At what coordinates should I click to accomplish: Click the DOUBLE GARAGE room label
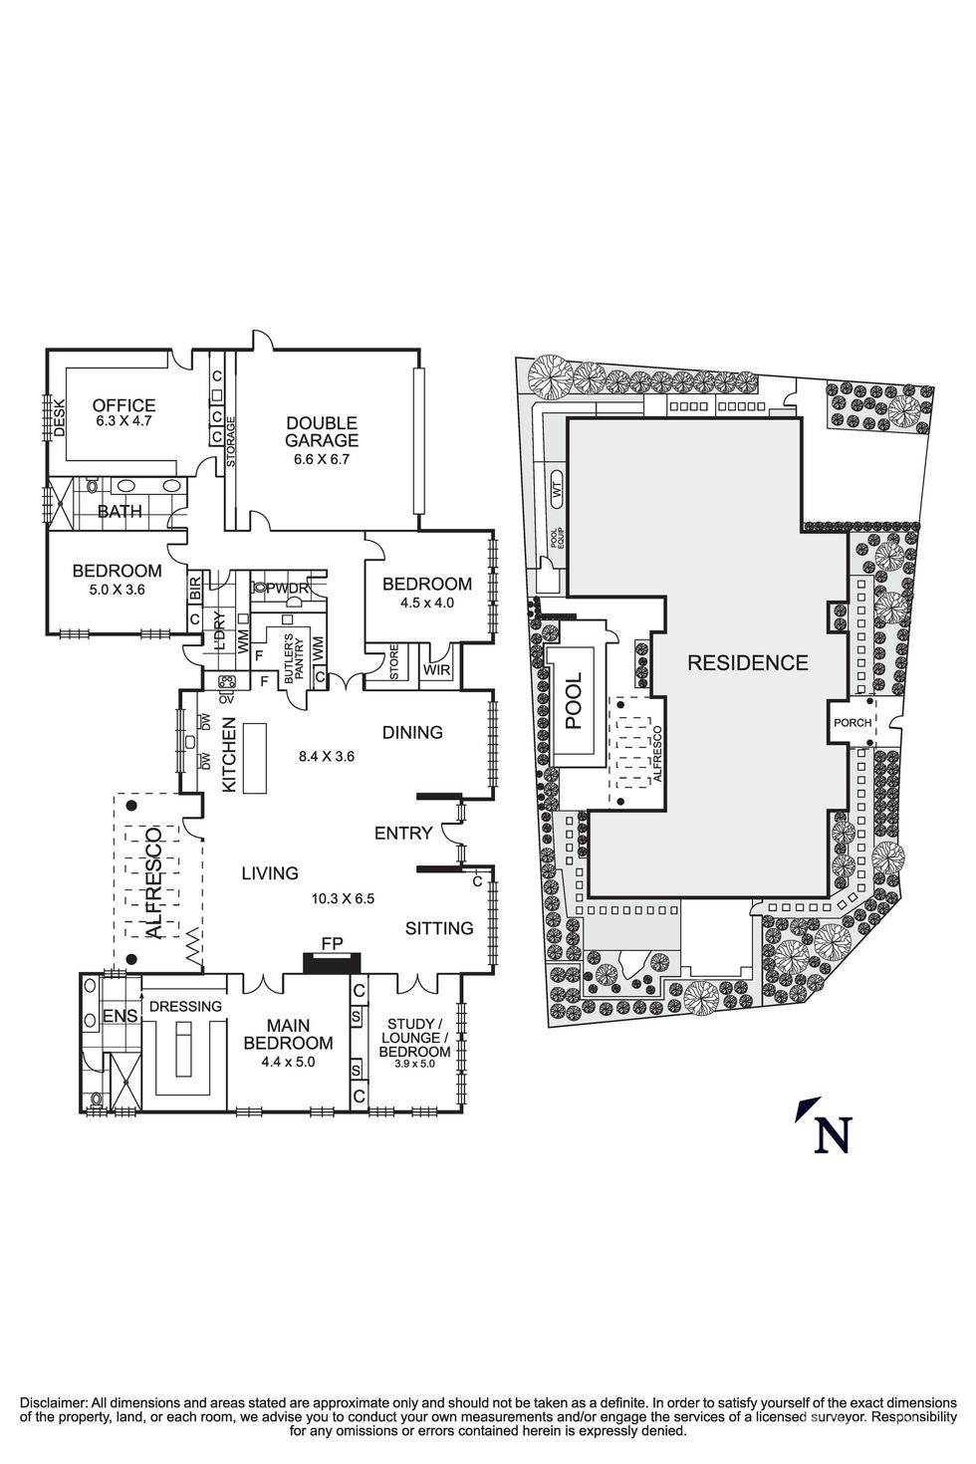(x=322, y=432)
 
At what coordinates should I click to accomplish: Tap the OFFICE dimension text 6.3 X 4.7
(x=123, y=422)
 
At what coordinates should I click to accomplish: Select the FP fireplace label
(x=332, y=941)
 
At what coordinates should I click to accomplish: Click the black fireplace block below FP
(x=332, y=962)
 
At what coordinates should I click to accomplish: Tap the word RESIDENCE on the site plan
(x=747, y=662)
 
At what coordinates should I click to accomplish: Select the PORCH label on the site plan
(x=853, y=723)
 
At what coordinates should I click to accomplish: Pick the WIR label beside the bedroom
(x=436, y=670)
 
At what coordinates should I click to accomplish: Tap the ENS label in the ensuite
(x=121, y=1017)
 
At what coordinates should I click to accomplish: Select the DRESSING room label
(x=185, y=1006)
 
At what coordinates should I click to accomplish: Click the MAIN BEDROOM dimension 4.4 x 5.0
(x=288, y=1062)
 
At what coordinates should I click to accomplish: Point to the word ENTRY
(x=403, y=833)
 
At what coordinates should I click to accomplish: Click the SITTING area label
(x=439, y=928)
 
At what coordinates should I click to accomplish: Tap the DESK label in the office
(x=59, y=417)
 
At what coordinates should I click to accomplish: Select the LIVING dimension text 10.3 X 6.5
(x=343, y=898)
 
